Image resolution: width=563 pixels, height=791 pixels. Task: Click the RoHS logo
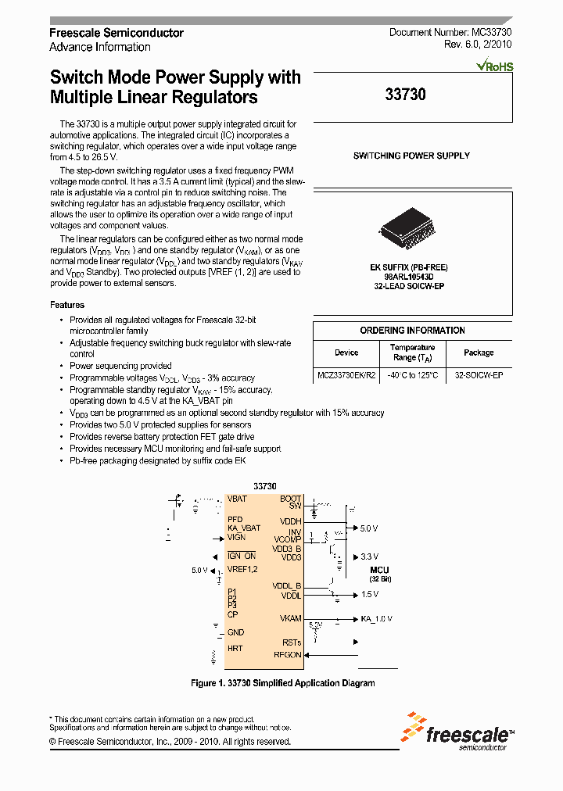tap(495, 66)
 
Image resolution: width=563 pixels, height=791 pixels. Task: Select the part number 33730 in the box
tap(406, 95)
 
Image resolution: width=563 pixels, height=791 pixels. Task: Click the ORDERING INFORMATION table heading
tap(412, 331)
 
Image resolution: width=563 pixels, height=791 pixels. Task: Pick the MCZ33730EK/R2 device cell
tap(346, 375)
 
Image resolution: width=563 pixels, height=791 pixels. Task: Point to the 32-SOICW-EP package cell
tap(479, 375)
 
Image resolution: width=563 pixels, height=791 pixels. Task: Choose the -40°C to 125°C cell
tap(412, 375)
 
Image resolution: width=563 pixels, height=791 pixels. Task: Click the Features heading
tap(67, 305)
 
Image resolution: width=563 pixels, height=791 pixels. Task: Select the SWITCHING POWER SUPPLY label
tap(411, 156)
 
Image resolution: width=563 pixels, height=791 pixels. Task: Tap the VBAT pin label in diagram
tap(237, 499)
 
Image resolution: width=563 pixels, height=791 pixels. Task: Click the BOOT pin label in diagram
tap(290, 499)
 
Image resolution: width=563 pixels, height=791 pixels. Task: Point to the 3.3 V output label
tap(368, 557)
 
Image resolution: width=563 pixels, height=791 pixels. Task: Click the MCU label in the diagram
tap(380, 570)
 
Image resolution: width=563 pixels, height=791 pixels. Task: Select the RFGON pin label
tap(287, 655)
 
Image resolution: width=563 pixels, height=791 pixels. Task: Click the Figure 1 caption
tap(282, 682)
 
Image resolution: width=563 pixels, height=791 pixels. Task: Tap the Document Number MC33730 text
tap(450, 33)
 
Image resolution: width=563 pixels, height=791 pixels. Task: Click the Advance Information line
tap(100, 47)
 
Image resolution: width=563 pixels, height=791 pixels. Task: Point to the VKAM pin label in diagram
tap(290, 618)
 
